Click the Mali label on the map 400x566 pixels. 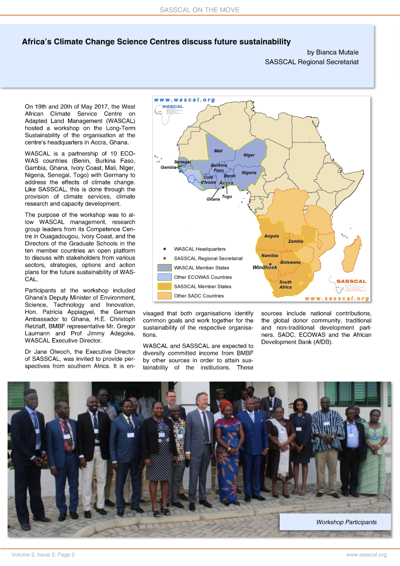click(x=218, y=151)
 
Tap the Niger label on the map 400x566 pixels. click(x=249, y=155)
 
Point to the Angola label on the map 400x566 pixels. click(x=271, y=236)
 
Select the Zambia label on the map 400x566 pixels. click(x=295, y=241)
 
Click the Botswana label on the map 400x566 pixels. click(x=290, y=262)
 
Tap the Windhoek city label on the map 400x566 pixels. click(x=265, y=267)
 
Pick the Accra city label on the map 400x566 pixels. click(x=226, y=183)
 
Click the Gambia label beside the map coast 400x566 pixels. click(x=168, y=167)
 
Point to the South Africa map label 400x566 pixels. click(x=285, y=284)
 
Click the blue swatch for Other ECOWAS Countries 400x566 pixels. click(x=164, y=277)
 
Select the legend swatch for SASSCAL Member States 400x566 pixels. click(x=164, y=287)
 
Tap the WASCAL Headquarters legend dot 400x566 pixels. click(x=164, y=249)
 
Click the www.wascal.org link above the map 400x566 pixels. click(x=184, y=100)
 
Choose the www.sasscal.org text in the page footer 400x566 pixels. click(x=367, y=555)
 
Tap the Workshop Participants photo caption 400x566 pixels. click(x=346, y=522)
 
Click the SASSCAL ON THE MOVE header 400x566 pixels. click(x=200, y=9)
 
